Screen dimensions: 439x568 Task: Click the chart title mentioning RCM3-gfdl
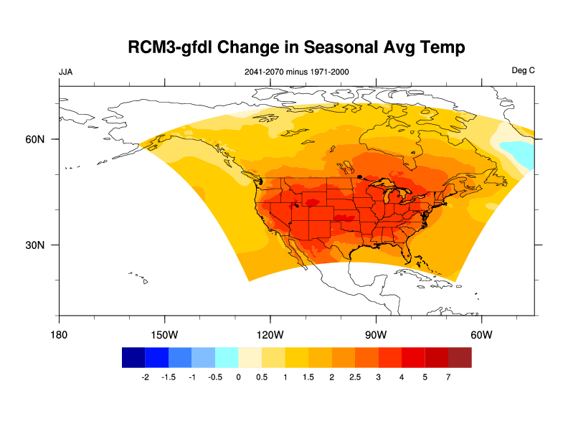(x=296, y=47)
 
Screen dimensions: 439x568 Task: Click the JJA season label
(x=65, y=72)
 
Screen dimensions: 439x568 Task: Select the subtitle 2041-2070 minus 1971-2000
(x=296, y=72)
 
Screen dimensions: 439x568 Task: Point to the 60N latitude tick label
(x=35, y=139)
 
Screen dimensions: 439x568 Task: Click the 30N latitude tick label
(x=35, y=245)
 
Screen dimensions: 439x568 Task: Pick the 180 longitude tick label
(x=59, y=335)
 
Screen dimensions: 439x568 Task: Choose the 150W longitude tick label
(x=164, y=335)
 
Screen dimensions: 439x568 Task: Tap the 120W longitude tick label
(x=270, y=335)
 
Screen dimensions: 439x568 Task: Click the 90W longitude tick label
(x=375, y=335)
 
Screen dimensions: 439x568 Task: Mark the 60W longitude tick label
(x=481, y=335)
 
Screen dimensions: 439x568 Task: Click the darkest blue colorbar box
(x=133, y=357)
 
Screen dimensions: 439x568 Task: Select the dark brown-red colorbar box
(x=460, y=357)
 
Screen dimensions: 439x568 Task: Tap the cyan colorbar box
(x=227, y=357)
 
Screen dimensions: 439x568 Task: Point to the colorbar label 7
(x=448, y=377)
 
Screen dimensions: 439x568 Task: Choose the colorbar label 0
(x=238, y=377)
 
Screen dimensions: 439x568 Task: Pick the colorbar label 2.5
(x=355, y=377)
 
